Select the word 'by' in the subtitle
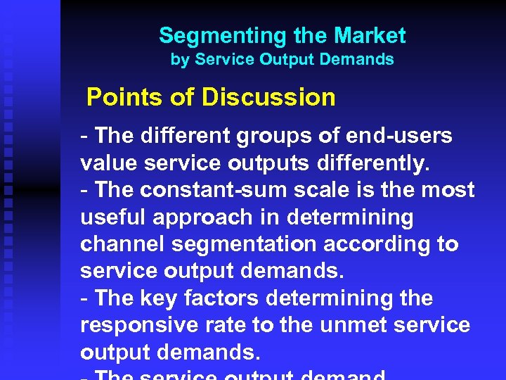tap(180, 60)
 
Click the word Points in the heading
tap(124, 97)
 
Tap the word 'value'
tap(109, 163)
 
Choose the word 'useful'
tap(112, 217)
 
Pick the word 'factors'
tap(221, 298)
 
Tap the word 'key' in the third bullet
tap(160, 298)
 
